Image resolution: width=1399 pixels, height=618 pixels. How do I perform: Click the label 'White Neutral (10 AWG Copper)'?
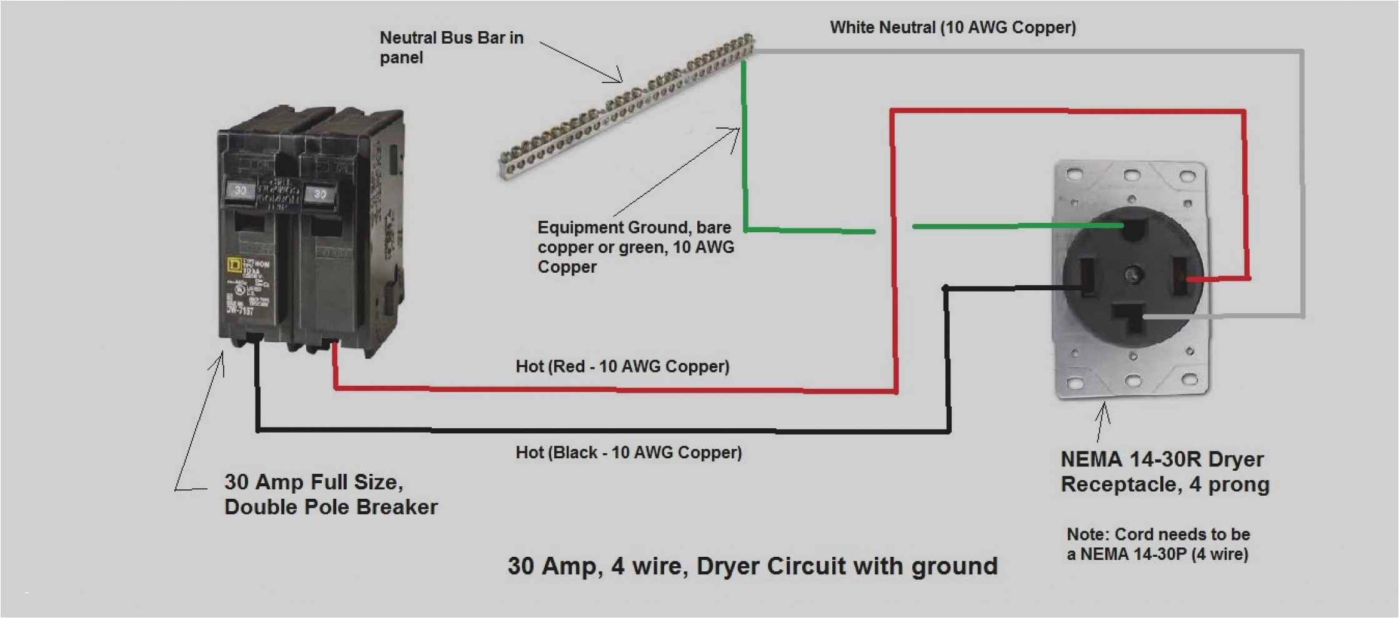click(952, 27)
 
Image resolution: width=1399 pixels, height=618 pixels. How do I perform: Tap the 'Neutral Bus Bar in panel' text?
click(451, 47)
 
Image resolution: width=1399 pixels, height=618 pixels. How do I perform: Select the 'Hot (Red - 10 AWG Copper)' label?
click(622, 366)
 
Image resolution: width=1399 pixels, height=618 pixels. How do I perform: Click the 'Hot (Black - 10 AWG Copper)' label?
click(628, 453)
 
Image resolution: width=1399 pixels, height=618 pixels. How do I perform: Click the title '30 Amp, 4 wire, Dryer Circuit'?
click(752, 566)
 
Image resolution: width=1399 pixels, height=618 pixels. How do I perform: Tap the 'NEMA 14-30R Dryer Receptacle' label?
click(1164, 472)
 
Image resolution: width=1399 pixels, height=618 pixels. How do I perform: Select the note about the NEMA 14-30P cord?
click(1158, 544)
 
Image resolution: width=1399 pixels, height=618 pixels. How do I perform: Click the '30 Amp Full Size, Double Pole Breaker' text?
click(331, 494)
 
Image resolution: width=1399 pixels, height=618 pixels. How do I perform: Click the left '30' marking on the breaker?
click(240, 190)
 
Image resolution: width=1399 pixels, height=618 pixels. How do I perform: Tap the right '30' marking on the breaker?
click(320, 194)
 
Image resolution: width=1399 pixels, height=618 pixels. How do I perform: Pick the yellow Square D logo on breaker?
click(234, 265)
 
